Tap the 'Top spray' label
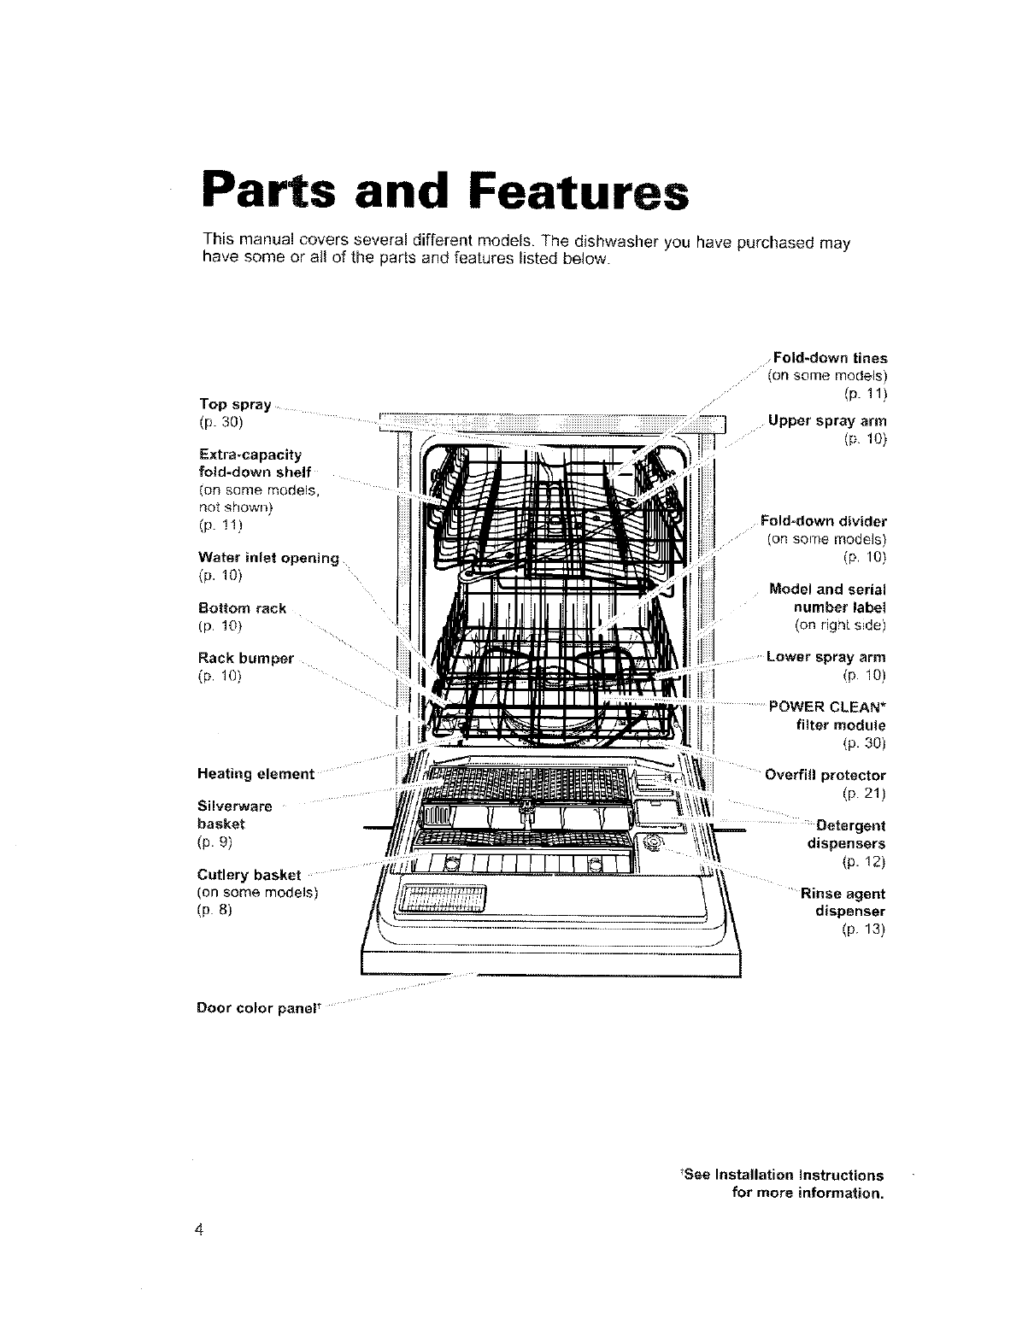click(235, 404)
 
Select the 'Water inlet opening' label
click(268, 558)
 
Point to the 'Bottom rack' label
click(242, 608)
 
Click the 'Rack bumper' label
click(245, 659)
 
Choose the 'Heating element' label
click(256, 774)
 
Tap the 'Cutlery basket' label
click(249, 875)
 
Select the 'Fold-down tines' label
click(829, 358)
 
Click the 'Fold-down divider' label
click(825, 521)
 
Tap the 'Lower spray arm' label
click(825, 657)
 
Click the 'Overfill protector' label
click(825, 776)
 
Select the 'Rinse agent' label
click(842, 894)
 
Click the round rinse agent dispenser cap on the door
click(655, 843)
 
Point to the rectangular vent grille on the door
click(443, 898)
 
